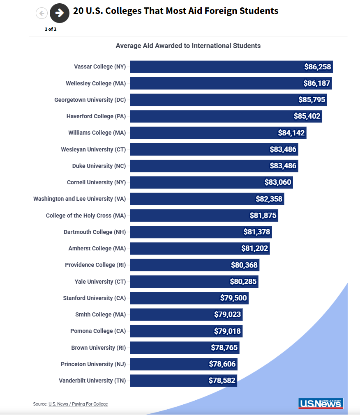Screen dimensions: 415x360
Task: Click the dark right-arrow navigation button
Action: [x=60, y=13]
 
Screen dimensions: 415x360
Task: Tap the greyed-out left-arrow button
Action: [x=42, y=13]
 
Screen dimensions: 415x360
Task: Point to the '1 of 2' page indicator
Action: [x=51, y=29]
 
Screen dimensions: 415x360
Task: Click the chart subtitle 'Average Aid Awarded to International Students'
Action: [x=188, y=46]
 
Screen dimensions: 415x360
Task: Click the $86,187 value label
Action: [x=317, y=83]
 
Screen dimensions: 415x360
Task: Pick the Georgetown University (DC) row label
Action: [x=90, y=100]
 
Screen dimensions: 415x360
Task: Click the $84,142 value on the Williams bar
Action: [x=291, y=133]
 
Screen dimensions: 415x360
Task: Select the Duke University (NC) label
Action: [x=99, y=166]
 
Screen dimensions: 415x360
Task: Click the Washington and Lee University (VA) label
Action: [x=79, y=199]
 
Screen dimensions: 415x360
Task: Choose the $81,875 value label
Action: [x=263, y=216]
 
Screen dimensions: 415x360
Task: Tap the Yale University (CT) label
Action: [x=100, y=282]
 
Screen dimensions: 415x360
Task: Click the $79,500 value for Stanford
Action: [x=233, y=298]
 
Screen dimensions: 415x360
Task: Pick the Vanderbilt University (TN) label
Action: [x=92, y=381]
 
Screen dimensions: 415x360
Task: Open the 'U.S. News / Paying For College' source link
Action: [x=78, y=404]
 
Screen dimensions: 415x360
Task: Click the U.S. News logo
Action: [x=321, y=403]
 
